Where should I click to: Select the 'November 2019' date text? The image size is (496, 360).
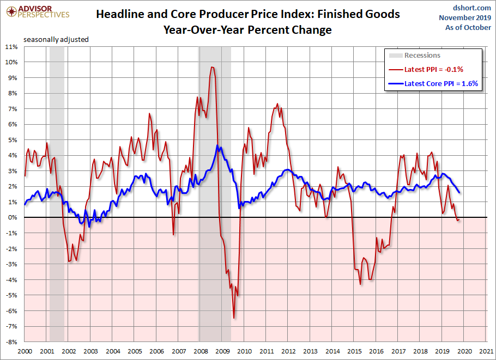pyautogui.click(x=465, y=18)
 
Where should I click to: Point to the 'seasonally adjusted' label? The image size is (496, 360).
pyautogui.click(x=56, y=39)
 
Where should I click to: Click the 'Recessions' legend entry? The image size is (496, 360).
pyautogui.click(x=422, y=56)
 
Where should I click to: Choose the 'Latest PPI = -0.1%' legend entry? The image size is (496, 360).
pyautogui.click(x=433, y=70)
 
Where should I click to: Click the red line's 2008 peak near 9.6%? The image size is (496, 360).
pyautogui.click(x=211, y=67)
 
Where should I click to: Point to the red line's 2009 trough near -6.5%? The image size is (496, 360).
pyautogui.click(x=234, y=319)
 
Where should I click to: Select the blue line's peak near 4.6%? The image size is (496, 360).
pyautogui.click(x=217, y=145)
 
